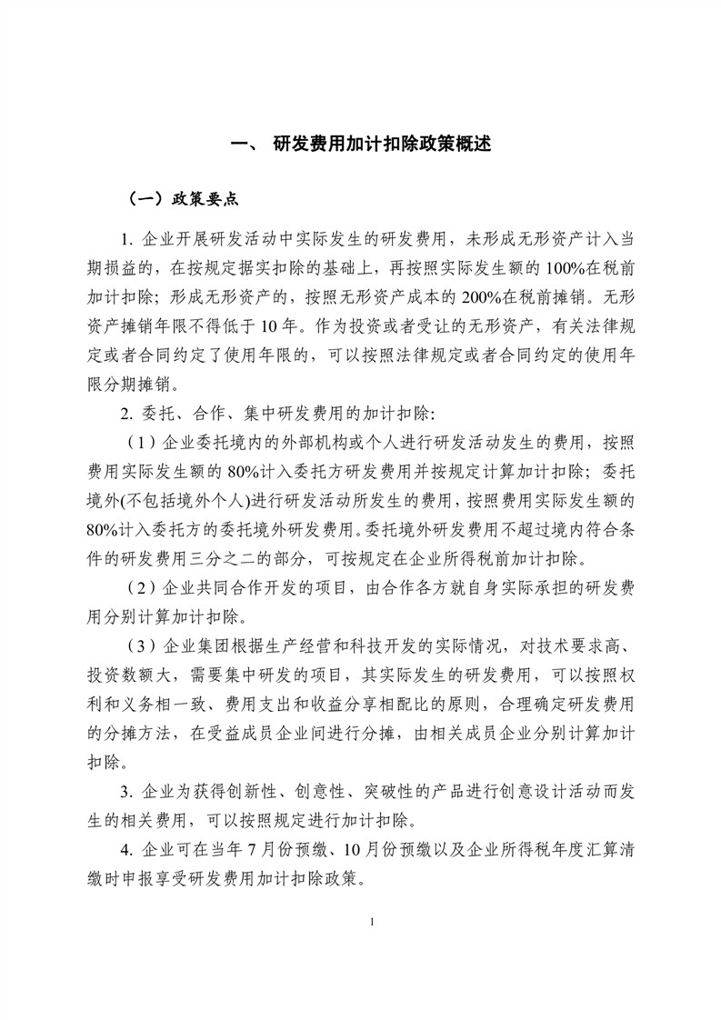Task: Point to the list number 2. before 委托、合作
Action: [x=126, y=415]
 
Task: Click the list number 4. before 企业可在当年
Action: [x=126, y=854]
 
